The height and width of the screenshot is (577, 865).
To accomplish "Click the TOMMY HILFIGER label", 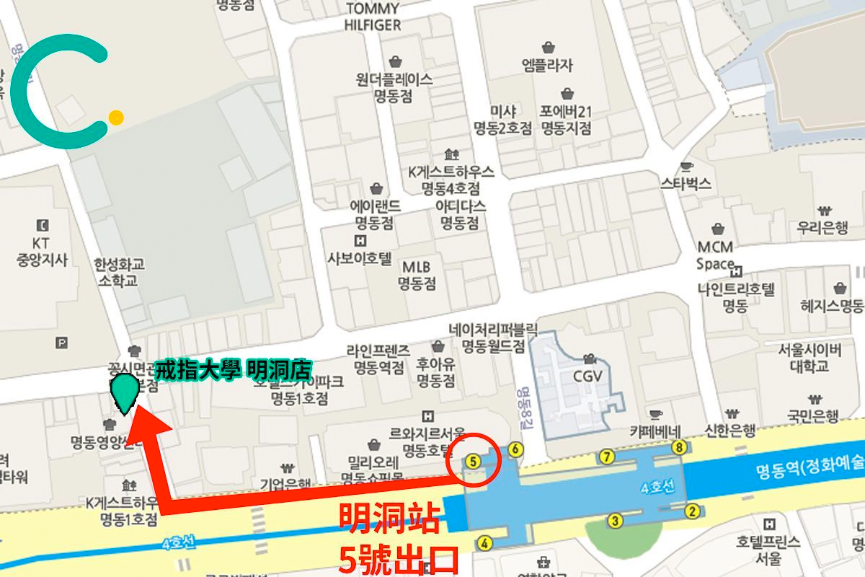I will click(373, 17).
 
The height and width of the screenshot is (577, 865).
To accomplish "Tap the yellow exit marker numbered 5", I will click(473, 459).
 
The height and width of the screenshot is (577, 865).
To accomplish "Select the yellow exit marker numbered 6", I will click(515, 449).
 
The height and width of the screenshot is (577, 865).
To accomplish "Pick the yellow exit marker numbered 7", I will click(607, 456).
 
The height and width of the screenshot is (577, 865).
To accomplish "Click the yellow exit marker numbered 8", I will click(678, 448).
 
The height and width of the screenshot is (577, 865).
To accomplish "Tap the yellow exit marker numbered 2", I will click(692, 512).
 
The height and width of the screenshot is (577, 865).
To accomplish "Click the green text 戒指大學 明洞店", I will click(233, 371).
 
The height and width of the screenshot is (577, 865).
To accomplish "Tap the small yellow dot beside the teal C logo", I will click(115, 117).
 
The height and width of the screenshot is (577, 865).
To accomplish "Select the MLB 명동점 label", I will click(417, 274).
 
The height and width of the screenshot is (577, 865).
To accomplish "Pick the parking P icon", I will click(62, 342).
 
